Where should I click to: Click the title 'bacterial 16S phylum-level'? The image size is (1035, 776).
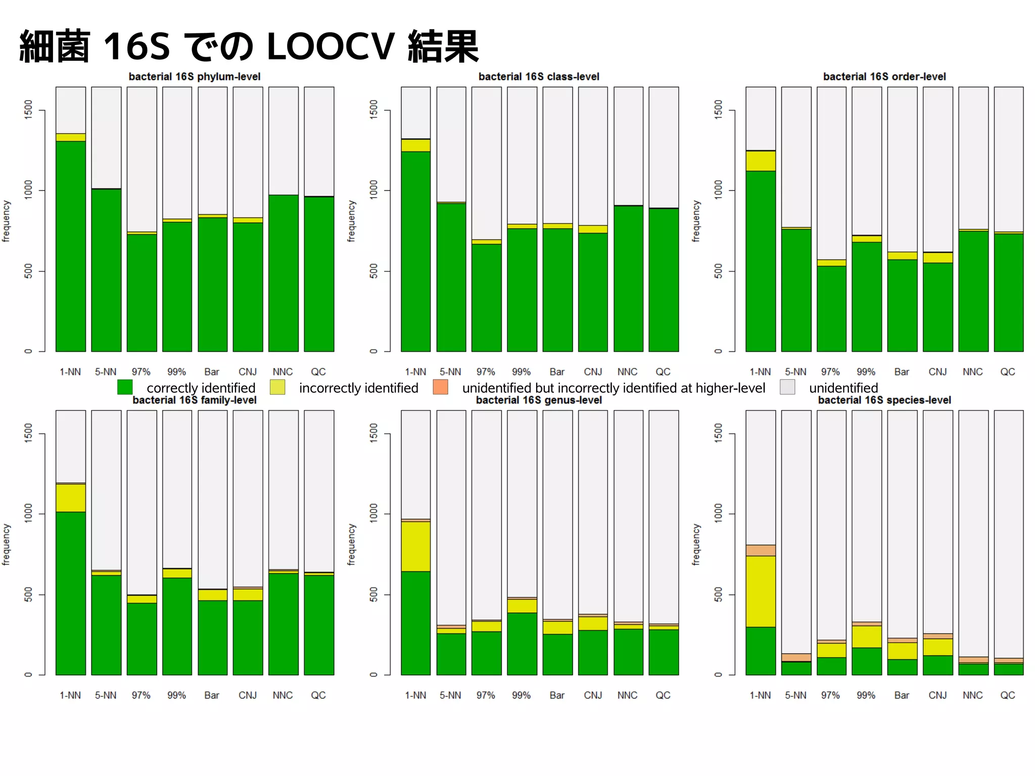[x=195, y=77]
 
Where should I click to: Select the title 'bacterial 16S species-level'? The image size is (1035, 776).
[x=884, y=400]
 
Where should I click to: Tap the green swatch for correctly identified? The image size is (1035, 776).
[x=125, y=388]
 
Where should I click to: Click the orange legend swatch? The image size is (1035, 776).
[x=441, y=388]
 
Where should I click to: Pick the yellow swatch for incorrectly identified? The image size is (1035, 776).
[x=277, y=388]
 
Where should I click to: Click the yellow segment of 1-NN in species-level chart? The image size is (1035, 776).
[x=761, y=591]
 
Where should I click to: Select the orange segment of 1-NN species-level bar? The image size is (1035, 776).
[x=761, y=551]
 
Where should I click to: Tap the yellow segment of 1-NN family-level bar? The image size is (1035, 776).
[x=71, y=498]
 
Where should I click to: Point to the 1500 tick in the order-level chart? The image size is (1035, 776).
[x=718, y=110]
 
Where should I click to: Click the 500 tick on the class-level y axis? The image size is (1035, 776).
[x=373, y=271]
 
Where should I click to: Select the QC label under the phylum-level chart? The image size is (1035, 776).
[x=318, y=372]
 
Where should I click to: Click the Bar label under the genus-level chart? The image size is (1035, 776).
[x=557, y=696]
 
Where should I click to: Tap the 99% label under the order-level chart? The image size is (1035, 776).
[x=866, y=372]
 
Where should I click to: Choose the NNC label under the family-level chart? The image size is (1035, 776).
[x=283, y=696]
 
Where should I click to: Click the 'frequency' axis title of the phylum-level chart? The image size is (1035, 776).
[x=6, y=221]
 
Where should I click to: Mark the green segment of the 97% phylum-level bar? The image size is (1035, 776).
[x=142, y=293]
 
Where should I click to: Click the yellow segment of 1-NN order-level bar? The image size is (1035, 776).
[x=761, y=161]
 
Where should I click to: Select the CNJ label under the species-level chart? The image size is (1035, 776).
[x=937, y=696]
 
